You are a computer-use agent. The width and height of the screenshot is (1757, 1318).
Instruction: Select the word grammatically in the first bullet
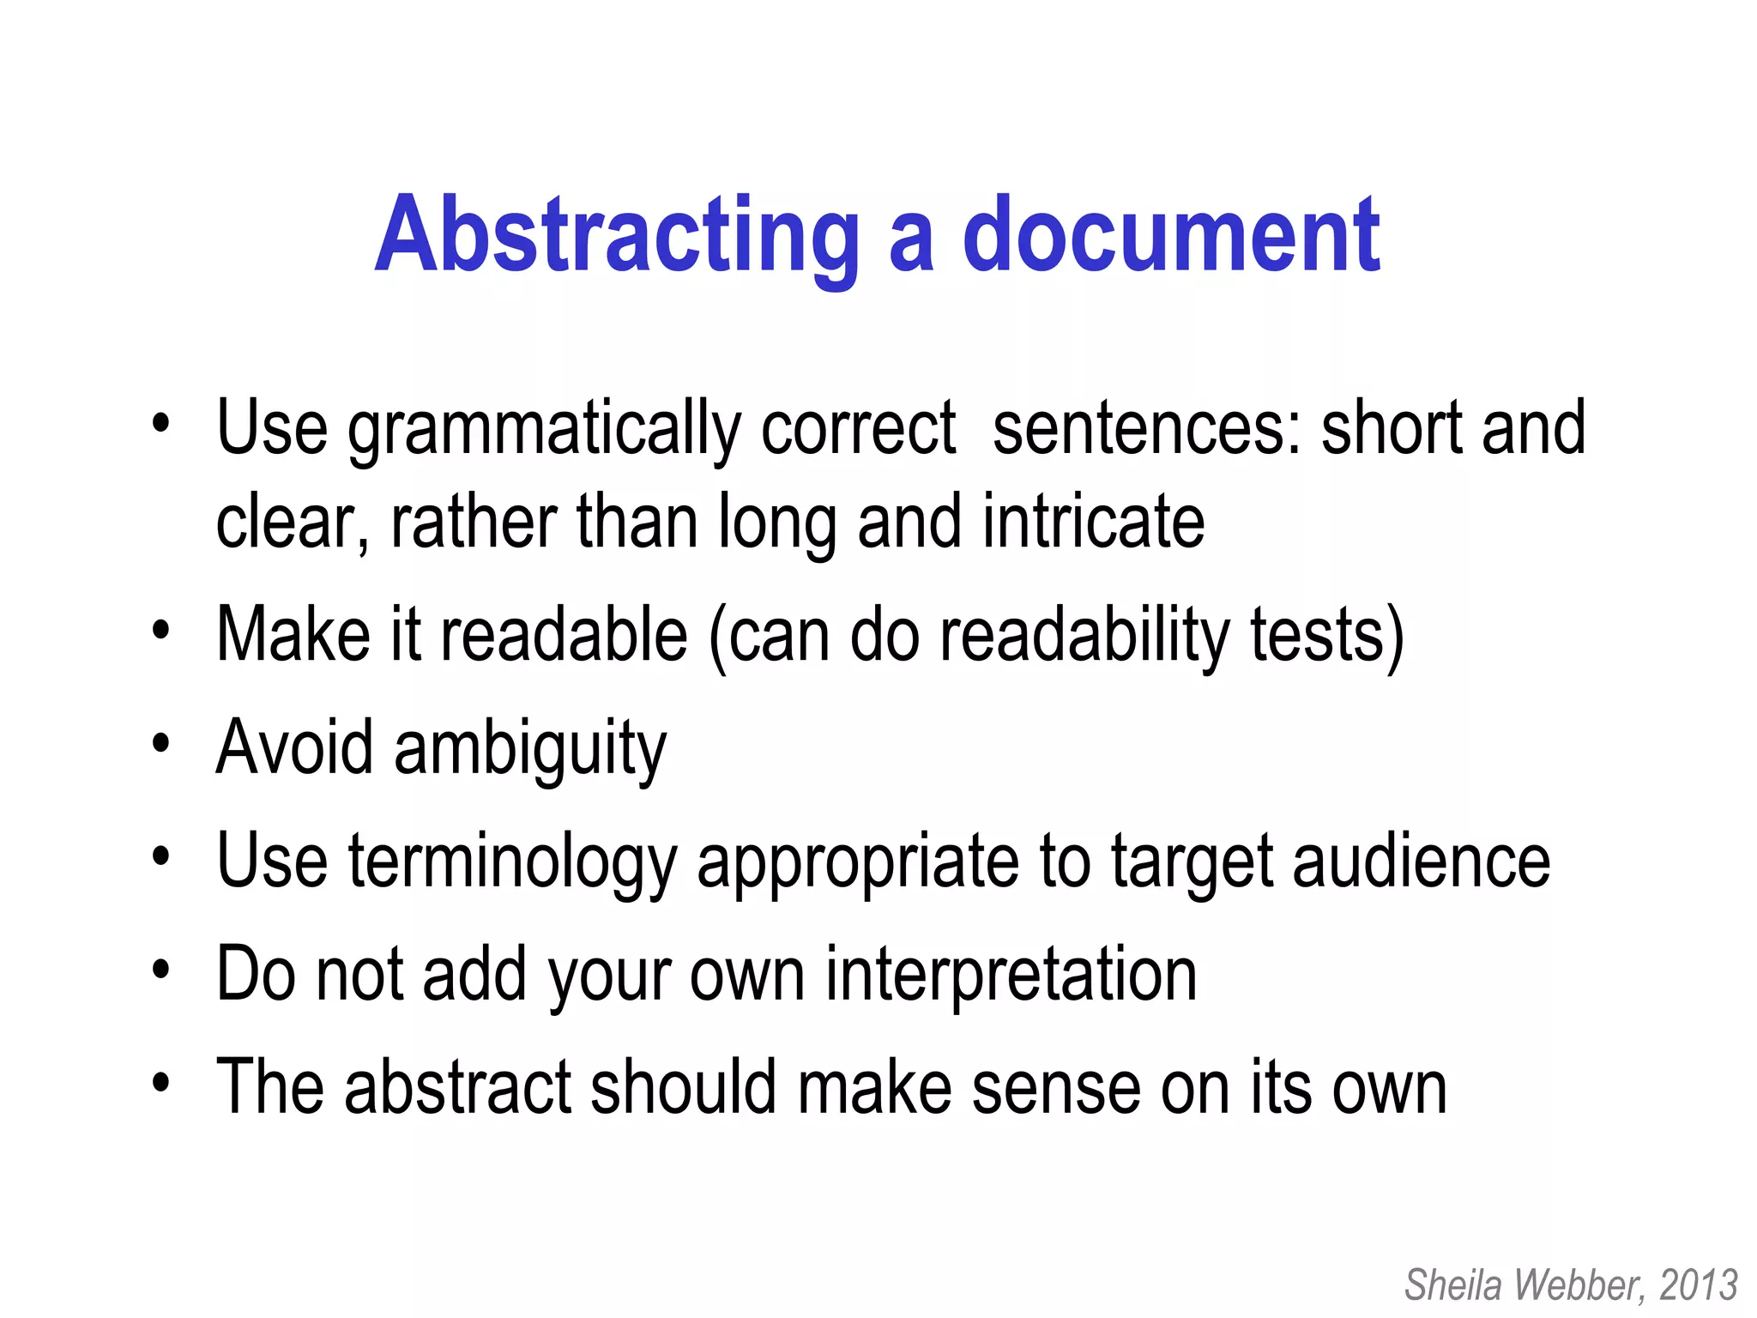pos(544,429)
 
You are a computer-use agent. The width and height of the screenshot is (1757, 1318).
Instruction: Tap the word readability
pos(1084,635)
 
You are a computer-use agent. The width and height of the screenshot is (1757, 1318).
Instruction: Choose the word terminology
pos(513,862)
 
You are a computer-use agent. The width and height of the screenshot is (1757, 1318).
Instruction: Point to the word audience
pos(1422,862)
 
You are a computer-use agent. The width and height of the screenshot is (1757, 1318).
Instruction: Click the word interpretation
pos(1011,975)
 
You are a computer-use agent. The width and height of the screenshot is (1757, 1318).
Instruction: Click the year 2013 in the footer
pos(1699,1285)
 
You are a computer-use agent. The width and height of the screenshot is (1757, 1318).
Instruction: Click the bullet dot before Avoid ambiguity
pos(160,743)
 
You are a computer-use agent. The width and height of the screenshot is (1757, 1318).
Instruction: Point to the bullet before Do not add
pos(160,970)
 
